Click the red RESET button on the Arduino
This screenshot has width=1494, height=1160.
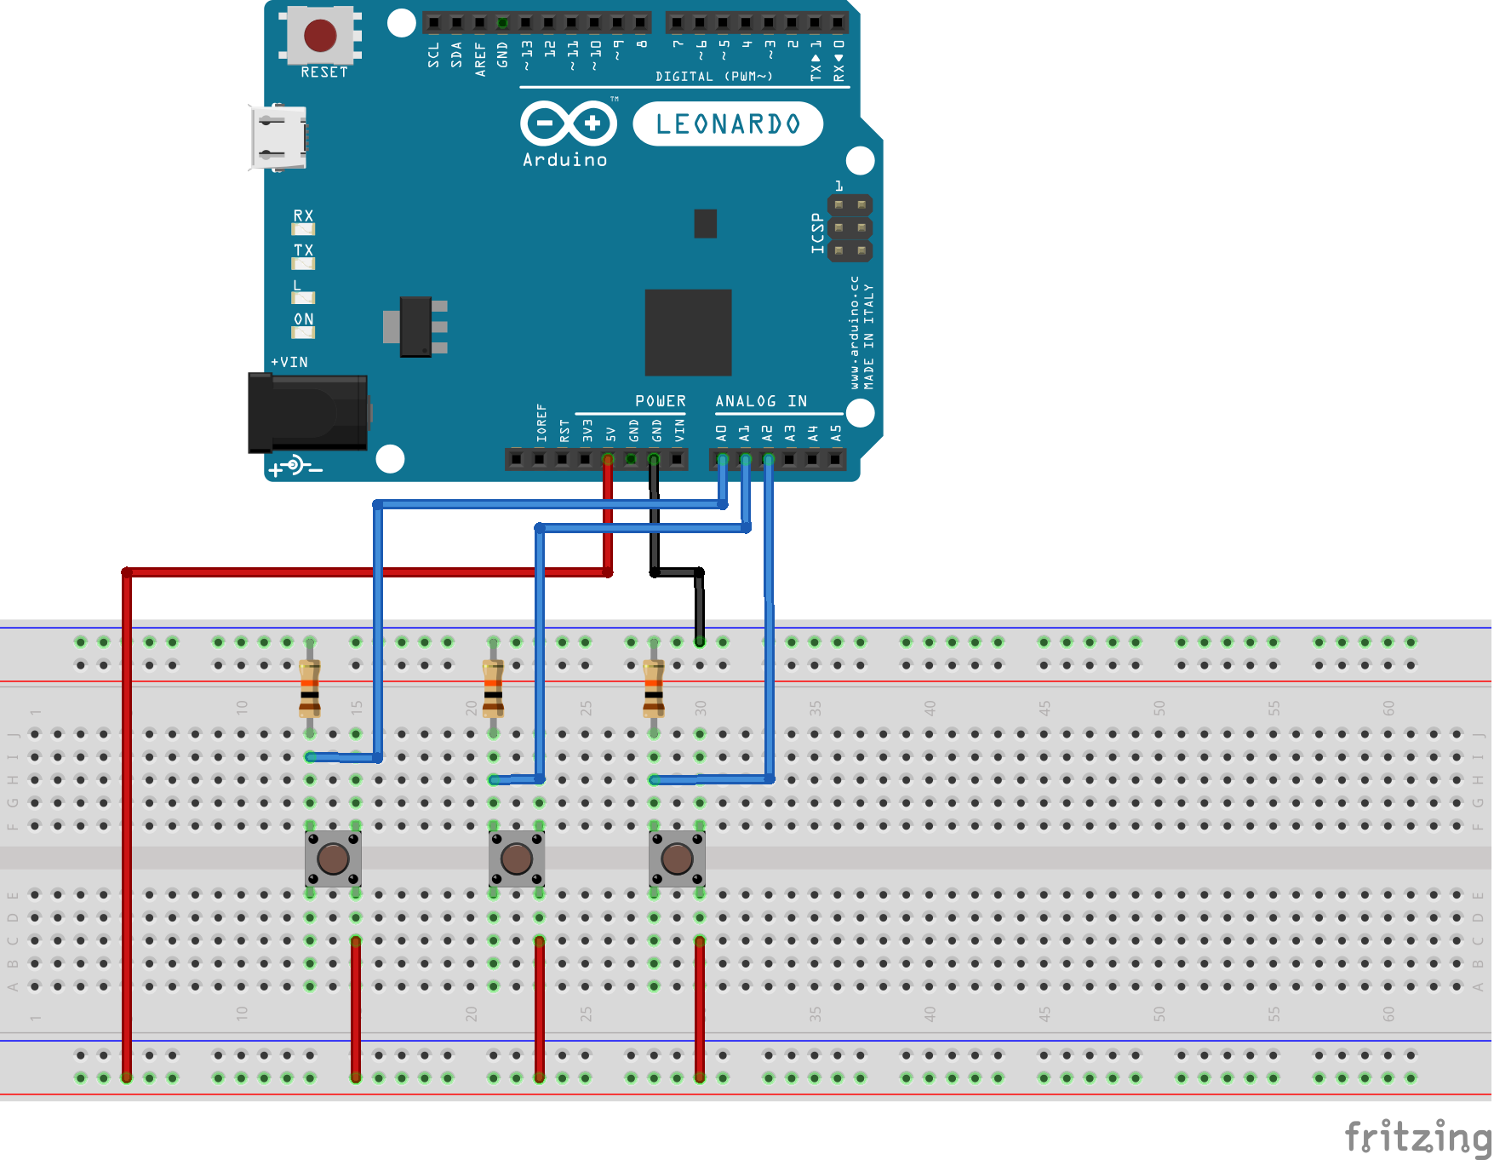320,36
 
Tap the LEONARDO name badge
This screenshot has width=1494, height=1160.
728,124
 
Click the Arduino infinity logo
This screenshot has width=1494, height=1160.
569,123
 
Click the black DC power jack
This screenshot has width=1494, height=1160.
308,413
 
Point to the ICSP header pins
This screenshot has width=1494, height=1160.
850,227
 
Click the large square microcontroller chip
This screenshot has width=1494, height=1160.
688,332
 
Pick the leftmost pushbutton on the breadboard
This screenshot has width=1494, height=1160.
333,859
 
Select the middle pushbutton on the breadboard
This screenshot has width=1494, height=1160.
517,859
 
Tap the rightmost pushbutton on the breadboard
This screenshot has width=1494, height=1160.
677,859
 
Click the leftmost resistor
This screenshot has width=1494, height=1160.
310,688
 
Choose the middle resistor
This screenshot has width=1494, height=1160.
493,688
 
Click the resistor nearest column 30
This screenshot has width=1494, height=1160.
654,688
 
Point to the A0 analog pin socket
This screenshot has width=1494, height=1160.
722,460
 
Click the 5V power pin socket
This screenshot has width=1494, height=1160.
608,460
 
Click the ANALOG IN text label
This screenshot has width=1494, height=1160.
760,401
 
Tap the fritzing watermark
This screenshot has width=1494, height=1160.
1417,1137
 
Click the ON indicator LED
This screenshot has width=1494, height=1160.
303,332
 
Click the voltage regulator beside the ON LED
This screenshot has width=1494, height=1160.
415,326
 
